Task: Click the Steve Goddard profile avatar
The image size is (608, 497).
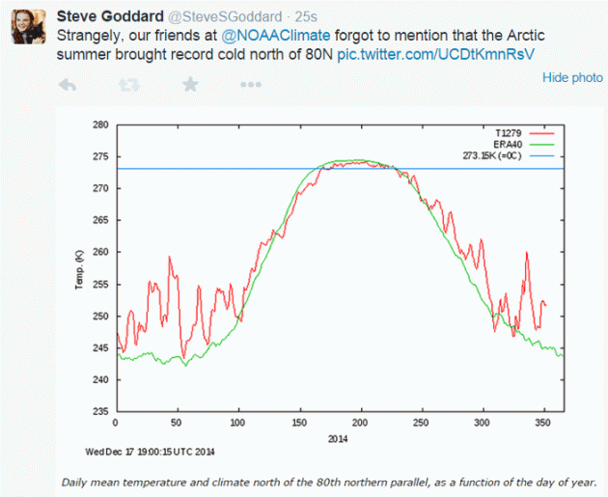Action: coord(29,29)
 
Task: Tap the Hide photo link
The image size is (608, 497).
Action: coord(572,77)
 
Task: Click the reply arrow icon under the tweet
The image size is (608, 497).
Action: coord(68,86)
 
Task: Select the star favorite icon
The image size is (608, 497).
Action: coord(190,85)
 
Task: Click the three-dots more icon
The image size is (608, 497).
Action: coord(251,86)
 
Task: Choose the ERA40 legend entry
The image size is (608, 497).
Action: coord(511,143)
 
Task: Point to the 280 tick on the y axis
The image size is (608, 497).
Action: coord(100,125)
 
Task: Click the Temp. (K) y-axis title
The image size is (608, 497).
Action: coord(80,267)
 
